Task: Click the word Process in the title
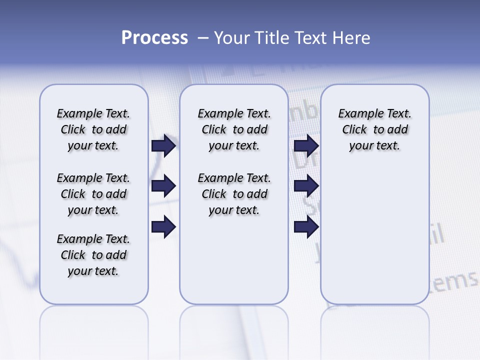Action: click(154, 38)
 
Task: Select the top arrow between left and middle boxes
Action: click(163, 145)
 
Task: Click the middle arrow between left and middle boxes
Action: click(163, 186)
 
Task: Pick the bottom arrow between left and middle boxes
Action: click(163, 227)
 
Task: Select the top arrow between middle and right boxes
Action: click(306, 145)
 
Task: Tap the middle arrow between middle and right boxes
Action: click(306, 186)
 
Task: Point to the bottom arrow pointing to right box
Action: click(306, 227)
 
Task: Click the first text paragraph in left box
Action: click(93, 129)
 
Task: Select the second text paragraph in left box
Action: click(93, 194)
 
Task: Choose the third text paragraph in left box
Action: click(93, 255)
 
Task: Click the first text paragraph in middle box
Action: click(234, 129)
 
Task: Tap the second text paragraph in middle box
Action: click(234, 194)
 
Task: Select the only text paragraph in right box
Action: click(374, 129)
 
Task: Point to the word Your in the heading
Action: click(231, 38)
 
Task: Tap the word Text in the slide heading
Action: click(310, 38)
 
